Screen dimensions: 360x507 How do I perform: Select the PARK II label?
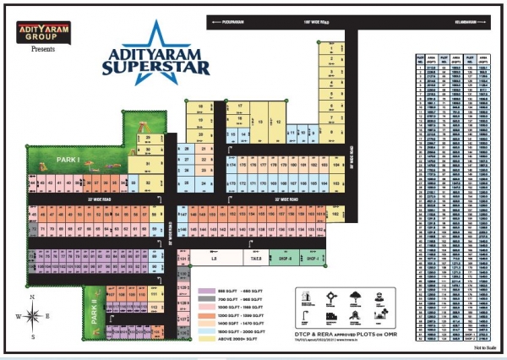point(95,313)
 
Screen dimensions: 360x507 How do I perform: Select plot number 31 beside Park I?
point(149,161)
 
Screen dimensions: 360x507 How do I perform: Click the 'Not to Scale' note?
point(485,347)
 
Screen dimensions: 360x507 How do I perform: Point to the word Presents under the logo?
point(42,50)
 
